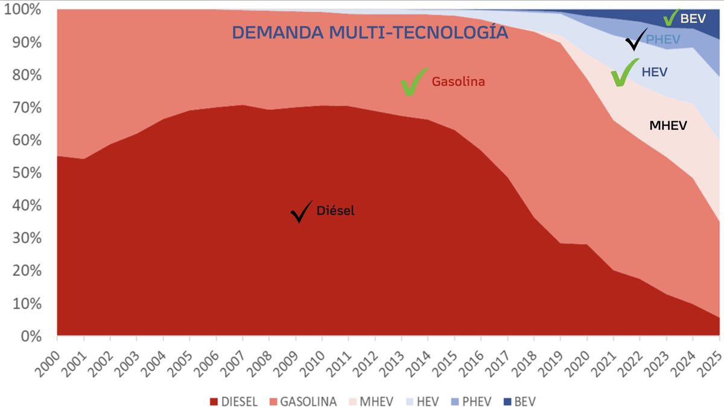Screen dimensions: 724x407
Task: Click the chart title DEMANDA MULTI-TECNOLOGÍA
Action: [x=370, y=32]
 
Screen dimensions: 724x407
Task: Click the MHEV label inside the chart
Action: [x=668, y=125]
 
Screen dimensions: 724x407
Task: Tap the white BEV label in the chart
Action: [x=693, y=19]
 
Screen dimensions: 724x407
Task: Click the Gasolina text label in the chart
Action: [x=459, y=81]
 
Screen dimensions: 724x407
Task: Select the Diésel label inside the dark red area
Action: [x=335, y=210]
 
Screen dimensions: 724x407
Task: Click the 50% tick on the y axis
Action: [x=27, y=173]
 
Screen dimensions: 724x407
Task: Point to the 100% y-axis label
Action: [x=23, y=10]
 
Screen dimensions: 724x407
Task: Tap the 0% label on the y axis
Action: [x=31, y=336]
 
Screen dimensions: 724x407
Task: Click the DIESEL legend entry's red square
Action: [x=214, y=402]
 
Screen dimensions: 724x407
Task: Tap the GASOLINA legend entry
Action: [x=303, y=402]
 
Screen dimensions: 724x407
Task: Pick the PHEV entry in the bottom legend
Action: [x=471, y=402]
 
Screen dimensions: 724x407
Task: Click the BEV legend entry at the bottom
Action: [x=520, y=402]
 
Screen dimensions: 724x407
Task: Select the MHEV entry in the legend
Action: [x=371, y=402]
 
